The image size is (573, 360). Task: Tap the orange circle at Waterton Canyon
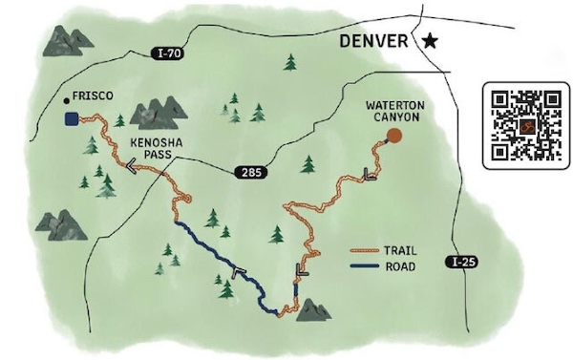click(x=393, y=137)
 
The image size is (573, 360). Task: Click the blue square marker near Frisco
click(x=71, y=119)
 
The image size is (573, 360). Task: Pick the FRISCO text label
click(x=94, y=97)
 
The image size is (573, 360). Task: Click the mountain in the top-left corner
click(x=66, y=40)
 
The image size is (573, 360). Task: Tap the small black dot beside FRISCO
click(x=64, y=98)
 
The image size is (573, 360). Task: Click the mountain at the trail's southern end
click(x=312, y=309)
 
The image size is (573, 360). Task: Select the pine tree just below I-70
click(x=289, y=63)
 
